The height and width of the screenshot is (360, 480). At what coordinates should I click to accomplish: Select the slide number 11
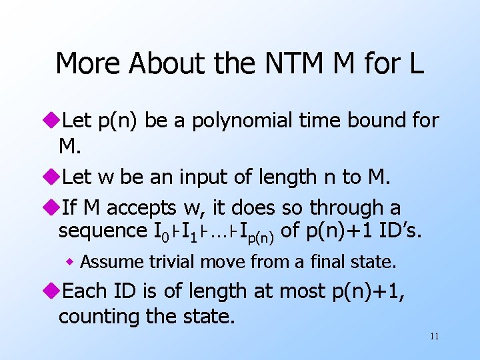pyautogui.click(x=434, y=336)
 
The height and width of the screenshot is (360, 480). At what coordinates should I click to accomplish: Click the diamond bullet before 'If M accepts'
pyautogui.click(x=52, y=209)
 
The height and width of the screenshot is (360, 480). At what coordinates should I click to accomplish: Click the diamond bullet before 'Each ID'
pyautogui.click(x=52, y=292)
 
